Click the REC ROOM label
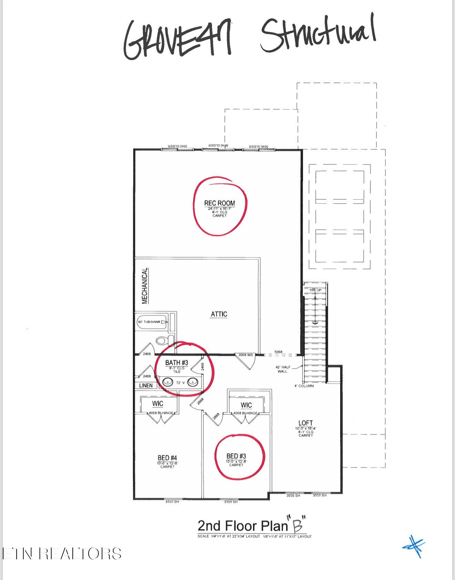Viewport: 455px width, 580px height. click(x=220, y=203)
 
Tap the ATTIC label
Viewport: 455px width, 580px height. click(x=219, y=314)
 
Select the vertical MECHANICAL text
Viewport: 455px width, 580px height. click(x=145, y=286)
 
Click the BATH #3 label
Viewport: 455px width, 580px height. click(x=176, y=363)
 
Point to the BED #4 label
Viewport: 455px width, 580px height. click(x=167, y=458)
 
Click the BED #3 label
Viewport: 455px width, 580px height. click(x=236, y=456)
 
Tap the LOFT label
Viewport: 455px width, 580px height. click(x=305, y=423)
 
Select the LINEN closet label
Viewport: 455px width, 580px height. click(x=146, y=385)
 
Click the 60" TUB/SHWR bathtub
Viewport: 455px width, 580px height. click(x=152, y=322)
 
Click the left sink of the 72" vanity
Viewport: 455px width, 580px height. click(x=168, y=382)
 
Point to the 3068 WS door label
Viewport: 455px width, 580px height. click(x=245, y=355)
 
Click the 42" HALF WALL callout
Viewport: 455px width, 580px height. click(x=282, y=369)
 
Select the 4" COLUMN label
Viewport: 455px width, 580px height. click(x=304, y=386)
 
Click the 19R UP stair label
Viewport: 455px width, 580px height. click(x=315, y=290)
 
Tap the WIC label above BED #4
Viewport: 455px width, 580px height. click(x=158, y=404)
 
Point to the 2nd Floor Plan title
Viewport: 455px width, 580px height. click(x=243, y=526)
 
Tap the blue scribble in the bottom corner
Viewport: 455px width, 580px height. click(x=415, y=546)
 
